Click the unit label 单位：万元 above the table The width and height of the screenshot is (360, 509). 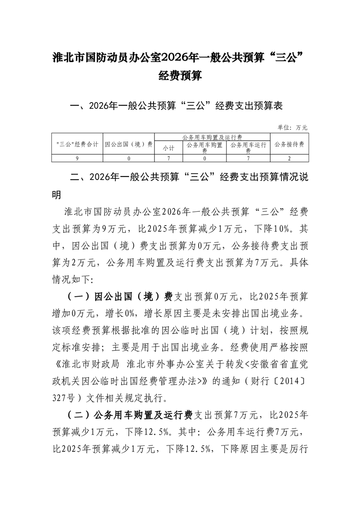[x=292, y=128]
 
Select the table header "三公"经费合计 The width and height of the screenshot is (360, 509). [x=77, y=144]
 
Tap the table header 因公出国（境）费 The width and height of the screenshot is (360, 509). [x=128, y=144]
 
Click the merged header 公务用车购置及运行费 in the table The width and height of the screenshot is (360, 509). [x=212, y=137]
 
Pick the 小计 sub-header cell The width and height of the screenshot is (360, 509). [x=168, y=148]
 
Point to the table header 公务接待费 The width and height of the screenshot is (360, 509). [x=289, y=144]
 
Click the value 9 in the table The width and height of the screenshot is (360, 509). [x=77, y=158]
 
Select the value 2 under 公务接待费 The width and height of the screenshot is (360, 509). [x=289, y=158]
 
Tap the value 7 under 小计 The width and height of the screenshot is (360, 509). [x=168, y=158]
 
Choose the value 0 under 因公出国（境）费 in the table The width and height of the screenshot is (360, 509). [x=128, y=158]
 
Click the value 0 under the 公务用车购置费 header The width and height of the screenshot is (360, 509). [x=204, y=158]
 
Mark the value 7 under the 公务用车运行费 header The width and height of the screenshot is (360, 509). [x=248, y=158]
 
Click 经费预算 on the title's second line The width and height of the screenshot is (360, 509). [x=180, y=76]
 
